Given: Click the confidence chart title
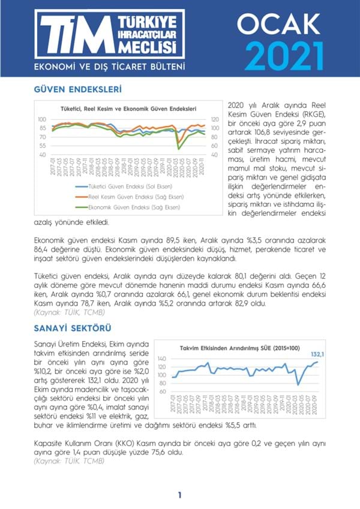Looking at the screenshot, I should (129, 109).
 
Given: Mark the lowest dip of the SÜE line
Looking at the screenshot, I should (298, 385).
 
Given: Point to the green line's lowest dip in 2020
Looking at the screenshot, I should (178, 148).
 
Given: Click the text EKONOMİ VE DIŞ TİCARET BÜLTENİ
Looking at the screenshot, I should (109, 65).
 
